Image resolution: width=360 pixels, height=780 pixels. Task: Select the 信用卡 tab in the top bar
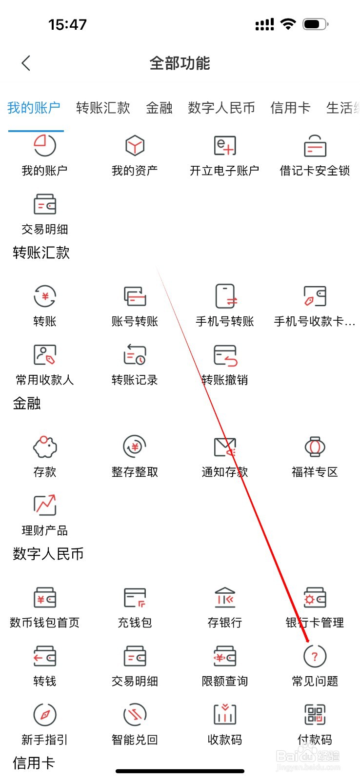(290, 108)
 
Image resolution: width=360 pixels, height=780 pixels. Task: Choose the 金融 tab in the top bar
(159, 108)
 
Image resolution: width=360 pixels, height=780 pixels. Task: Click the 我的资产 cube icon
(135, 146)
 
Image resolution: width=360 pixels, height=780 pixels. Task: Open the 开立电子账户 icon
(225, 146)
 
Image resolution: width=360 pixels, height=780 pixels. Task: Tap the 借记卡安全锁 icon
(315, 146)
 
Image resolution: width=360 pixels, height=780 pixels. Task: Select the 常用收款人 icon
(45, 355)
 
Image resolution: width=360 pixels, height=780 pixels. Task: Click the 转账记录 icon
(135, 355)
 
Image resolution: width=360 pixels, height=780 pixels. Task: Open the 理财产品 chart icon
(45, 506)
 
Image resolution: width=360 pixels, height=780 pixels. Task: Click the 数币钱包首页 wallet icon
(45, 598)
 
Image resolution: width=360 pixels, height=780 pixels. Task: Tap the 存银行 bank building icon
(225, 598)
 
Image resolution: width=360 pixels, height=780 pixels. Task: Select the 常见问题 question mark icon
(315, 656)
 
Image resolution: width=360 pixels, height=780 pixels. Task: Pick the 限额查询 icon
(225, 656)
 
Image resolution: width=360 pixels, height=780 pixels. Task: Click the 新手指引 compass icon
(45, 715)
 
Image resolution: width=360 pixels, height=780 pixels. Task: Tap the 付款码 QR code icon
(315, 715)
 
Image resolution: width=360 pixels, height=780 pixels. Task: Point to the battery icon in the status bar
(315, 24)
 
